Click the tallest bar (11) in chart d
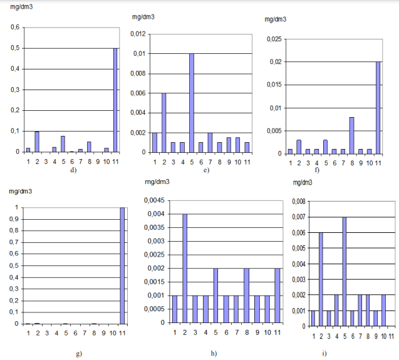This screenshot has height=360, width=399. (115, 100)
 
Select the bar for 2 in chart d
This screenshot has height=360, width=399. (36, 141)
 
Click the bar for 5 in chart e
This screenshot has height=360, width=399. (192, 103)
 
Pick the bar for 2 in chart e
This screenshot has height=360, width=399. (164, 123)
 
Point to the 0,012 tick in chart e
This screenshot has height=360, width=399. (138, 33)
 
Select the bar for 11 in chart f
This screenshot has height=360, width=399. (378, 108)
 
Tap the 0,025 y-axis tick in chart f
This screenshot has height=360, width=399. (274, 39)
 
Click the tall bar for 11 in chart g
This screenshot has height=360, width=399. (122, 266)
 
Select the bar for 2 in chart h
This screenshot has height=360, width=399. (185, 268)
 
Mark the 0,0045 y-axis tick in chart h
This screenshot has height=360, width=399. (153, 200)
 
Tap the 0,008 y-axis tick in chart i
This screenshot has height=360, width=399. (298, 202)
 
